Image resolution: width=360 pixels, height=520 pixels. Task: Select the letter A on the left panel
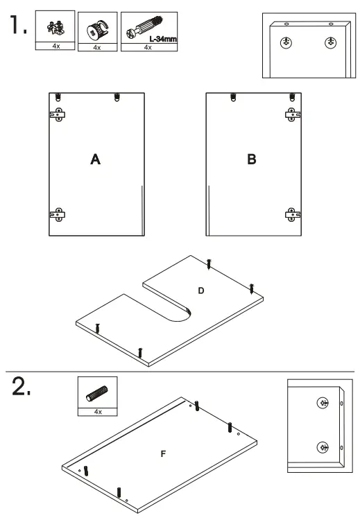(x=96, y=160)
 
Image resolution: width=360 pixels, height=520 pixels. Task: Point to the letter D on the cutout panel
(x=201, y=291)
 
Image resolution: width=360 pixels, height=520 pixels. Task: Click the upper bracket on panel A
(x=58, y=115)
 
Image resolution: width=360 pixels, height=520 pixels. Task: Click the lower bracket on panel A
(x=58, y=215)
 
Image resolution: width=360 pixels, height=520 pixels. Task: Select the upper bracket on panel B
(x=290, y=115)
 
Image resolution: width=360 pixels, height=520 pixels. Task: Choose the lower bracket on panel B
(x=290, y=215)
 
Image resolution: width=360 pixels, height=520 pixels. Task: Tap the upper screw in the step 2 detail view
(x=322, y=403)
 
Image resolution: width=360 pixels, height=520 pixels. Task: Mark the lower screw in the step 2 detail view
(x=322, y=447)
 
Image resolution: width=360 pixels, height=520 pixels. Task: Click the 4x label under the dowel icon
(x=97, y=412)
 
